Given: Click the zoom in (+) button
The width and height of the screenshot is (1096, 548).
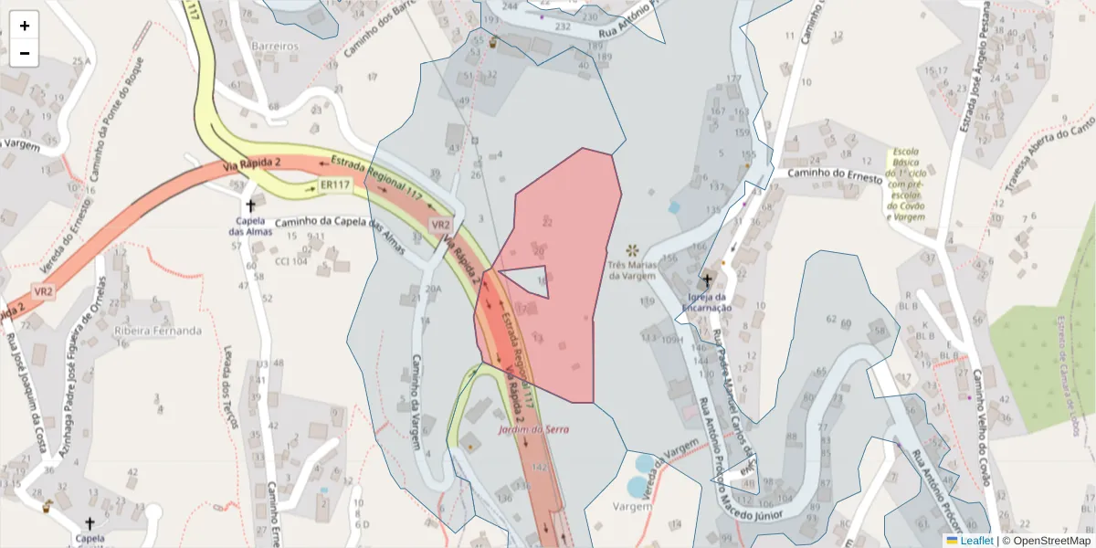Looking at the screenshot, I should [25, 26].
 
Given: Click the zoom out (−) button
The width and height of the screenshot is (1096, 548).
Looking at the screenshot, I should [25, 53].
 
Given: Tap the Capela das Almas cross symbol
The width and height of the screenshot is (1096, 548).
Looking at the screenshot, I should [250, 206].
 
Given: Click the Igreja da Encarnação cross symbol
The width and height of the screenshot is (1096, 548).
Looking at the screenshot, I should [707, 280].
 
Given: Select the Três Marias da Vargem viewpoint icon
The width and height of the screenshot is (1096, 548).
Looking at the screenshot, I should [632, 249].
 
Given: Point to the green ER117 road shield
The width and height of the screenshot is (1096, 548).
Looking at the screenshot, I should [335, 184].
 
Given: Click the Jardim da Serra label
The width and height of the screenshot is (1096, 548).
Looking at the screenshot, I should [533, 429].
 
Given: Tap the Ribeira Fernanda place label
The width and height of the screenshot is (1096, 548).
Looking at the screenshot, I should [157, 331].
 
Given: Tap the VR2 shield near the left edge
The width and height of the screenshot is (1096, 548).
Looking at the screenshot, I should [43, 291].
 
